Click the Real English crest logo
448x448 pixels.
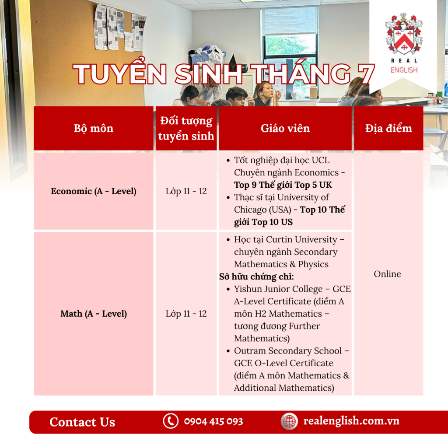click(404, 34)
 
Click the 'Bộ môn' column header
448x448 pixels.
click(94, 128)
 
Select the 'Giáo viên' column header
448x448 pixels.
click(285, 128)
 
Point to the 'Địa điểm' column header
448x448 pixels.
click(388, 128)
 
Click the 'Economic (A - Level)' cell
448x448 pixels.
click(94, 191)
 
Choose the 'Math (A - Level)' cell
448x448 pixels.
click(94, 314)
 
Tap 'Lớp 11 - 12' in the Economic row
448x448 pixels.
click(186, 191)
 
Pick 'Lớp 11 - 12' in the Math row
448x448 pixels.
click(186, 314)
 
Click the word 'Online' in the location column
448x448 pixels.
click(388, 274)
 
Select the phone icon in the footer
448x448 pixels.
click(171, 421)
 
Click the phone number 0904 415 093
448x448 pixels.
click(213, 421)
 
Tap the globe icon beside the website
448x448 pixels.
click(289, 421)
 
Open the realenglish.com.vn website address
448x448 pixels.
click(351, 421)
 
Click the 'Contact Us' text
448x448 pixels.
click(82, 422)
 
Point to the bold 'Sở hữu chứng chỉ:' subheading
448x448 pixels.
click(256, 276)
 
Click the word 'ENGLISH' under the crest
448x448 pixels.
click(404, 70)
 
